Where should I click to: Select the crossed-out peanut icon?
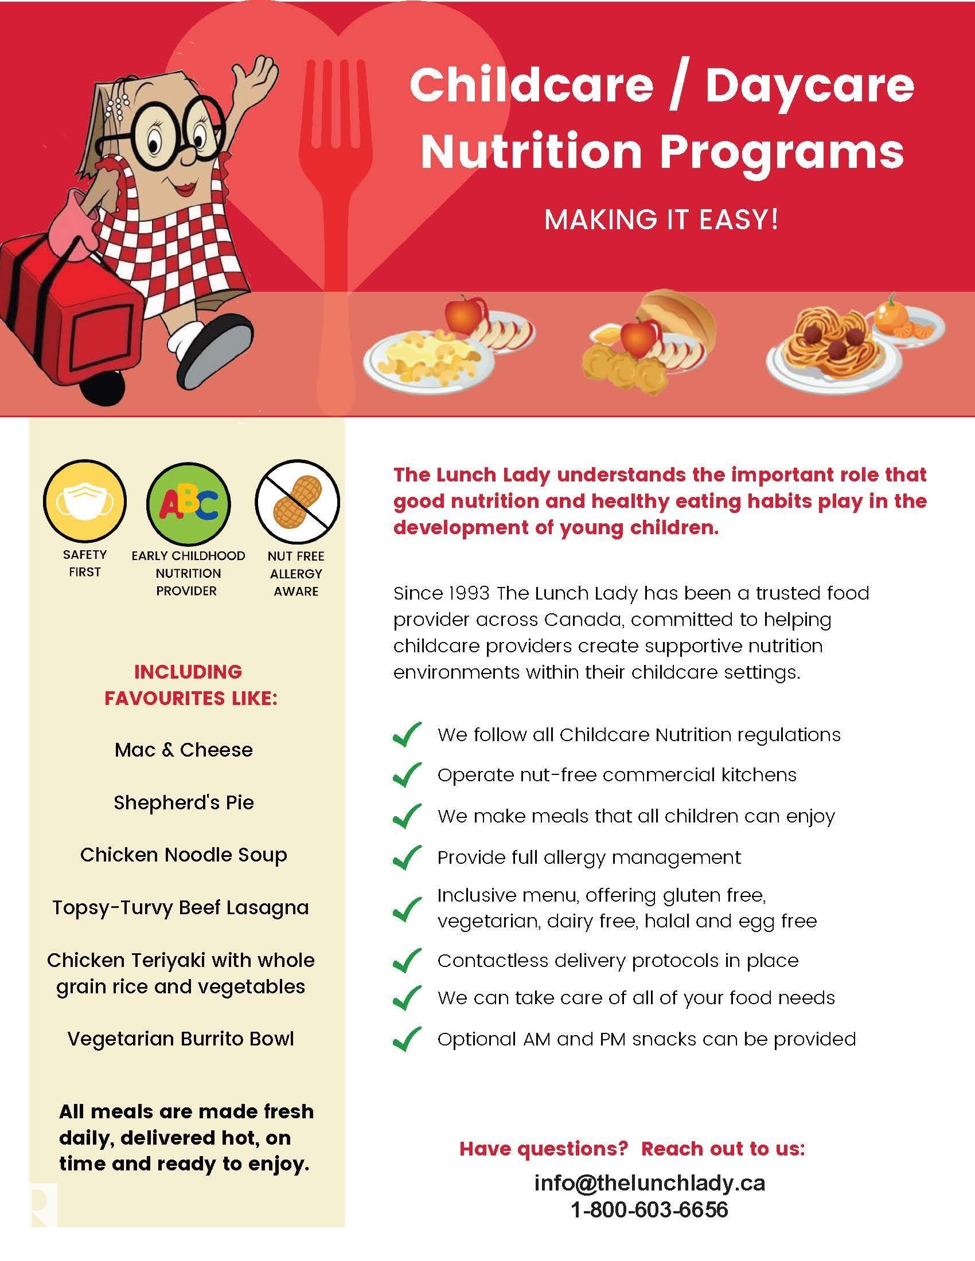tap(297, 500)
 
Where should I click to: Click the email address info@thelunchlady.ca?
tap(650, 1183)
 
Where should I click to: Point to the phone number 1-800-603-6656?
tap(650, 1209)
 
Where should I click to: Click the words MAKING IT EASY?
tap(661, 220)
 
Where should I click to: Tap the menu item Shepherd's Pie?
tap(184, 802)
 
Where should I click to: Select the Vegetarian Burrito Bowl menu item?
tap(181, 1039)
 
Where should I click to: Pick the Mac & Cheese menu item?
tap(184, 750)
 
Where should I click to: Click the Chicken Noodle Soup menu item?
tap(184, 855)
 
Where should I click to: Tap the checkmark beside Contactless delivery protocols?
tap(407, 960)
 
